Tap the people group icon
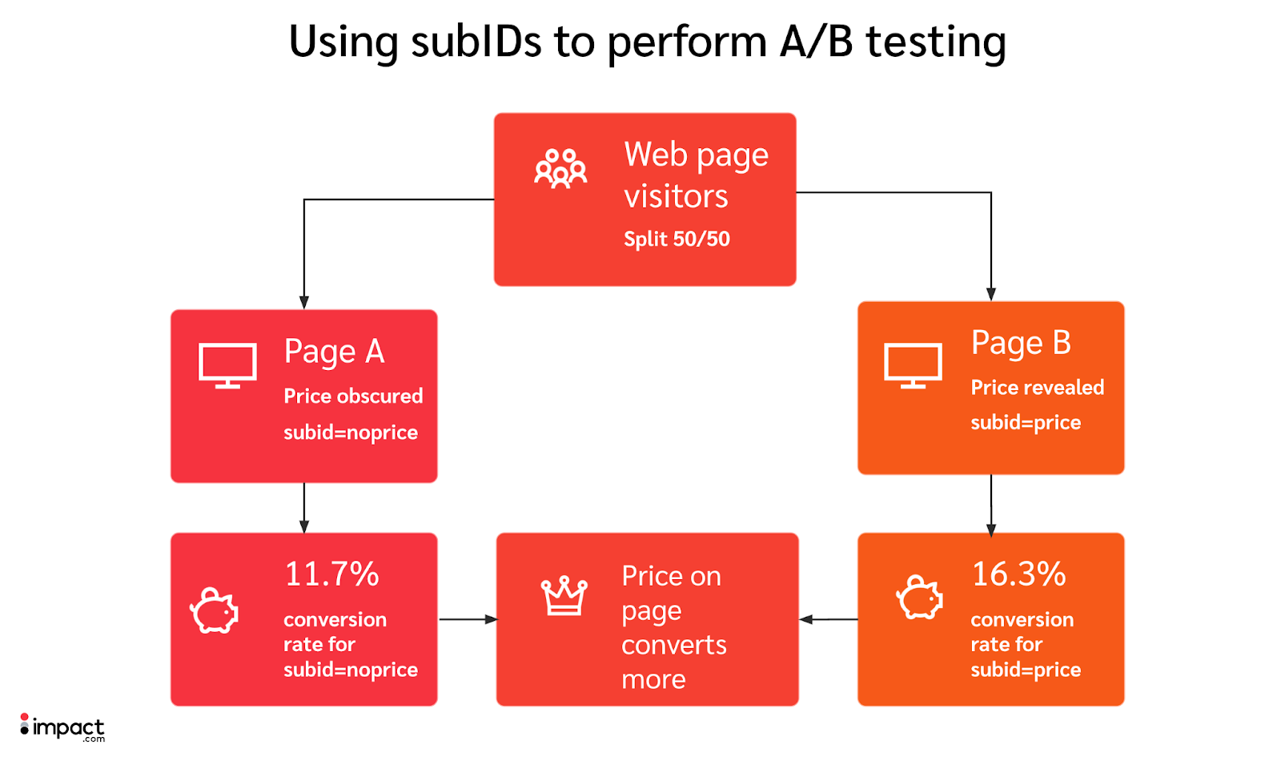click(x=560, y=168)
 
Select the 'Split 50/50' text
click(x=677, y=239)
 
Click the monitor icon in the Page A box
click(x=227, y=365)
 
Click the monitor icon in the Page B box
click(x=913, y=365)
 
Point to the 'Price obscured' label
click(x=353, y=396)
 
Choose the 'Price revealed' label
click(x=1037, y=388)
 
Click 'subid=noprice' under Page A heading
click(x=351, y=433)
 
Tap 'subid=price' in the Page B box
click(x=1026, y=422)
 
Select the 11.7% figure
click(x=331, y=574)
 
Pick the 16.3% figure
click(x=1018, y=574)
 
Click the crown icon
click(x=564, y=596)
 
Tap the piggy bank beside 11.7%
click(x=214, y=611)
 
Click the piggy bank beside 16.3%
click(x=919, y=598)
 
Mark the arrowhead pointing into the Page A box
click(x=304, y=302)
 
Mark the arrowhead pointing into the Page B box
click(x=991, y=294)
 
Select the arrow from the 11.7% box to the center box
click(x=468, y=619)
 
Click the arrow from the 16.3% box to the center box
click(x=828, y=619)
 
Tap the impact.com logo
click(x=62, y=727)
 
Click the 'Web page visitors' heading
click(x=695, y=175)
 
